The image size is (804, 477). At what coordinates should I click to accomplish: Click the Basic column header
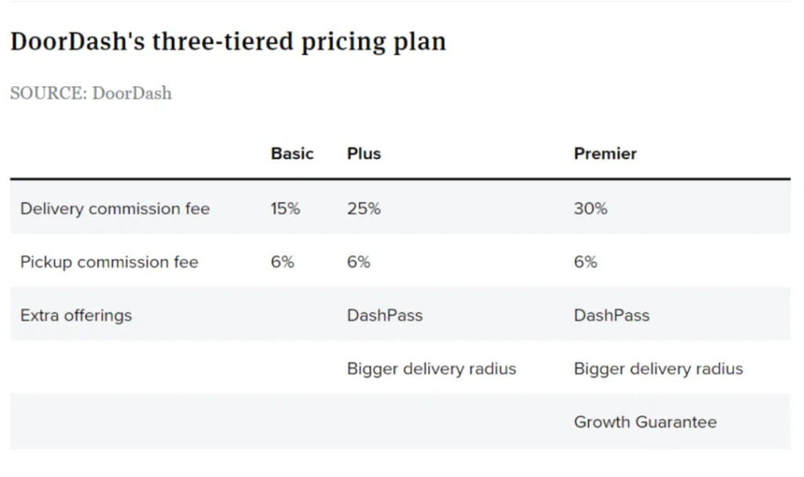click(x=292, y=154)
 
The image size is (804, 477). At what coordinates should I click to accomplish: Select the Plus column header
click(x=364, y=154)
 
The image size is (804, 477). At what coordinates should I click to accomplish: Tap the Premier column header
click(x=605, y=154)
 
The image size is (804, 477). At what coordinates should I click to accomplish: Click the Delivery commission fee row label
click(x=115, y=209)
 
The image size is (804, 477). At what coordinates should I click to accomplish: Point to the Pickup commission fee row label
click(x=109, y=262)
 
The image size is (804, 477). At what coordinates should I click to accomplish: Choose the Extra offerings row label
click(x=76, y=315)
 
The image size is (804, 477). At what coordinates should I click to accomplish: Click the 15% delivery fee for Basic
click(x=285, y=209)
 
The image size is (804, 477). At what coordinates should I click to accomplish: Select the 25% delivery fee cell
click(x=364, y=209)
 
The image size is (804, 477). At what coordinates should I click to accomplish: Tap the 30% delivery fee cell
click(x=590, y=209)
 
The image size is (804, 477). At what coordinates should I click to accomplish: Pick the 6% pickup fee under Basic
click(x=282, y=262)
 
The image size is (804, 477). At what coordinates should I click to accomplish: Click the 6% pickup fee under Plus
click(x=358, y=262)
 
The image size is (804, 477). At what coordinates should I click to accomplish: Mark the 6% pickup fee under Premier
click(x=585, y=262)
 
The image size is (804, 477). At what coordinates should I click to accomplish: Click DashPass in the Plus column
click(x=385, y=315)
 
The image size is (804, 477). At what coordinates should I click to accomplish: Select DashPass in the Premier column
click(x=612, y=315)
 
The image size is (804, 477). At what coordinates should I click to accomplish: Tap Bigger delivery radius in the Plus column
click(x=431, y=369)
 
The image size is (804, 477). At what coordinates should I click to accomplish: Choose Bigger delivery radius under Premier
click(x=658, y=369)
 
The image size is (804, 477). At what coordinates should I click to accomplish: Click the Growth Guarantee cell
click(x=645, y=422)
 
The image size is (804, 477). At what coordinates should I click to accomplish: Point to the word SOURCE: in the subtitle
click(x=48, y=93)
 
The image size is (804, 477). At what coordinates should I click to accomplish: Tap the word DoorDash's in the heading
click(x=77, y=42)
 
